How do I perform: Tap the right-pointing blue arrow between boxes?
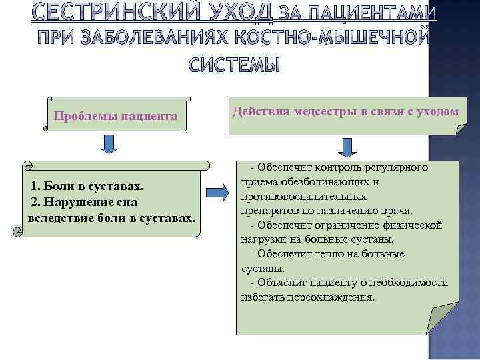(218, 193)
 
